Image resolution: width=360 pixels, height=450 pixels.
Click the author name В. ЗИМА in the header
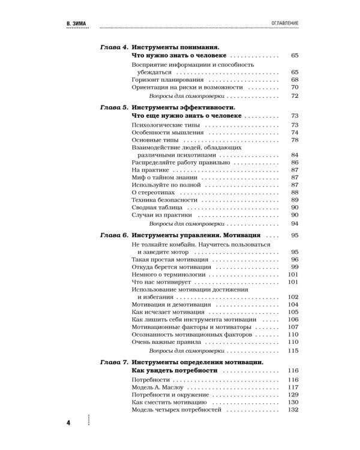tap(77, 22)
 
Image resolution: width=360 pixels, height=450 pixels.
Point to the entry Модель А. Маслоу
tap(157, 388)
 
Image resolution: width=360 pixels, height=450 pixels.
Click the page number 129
tap(293, 395)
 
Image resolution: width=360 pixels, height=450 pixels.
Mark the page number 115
tap(293, 350)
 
